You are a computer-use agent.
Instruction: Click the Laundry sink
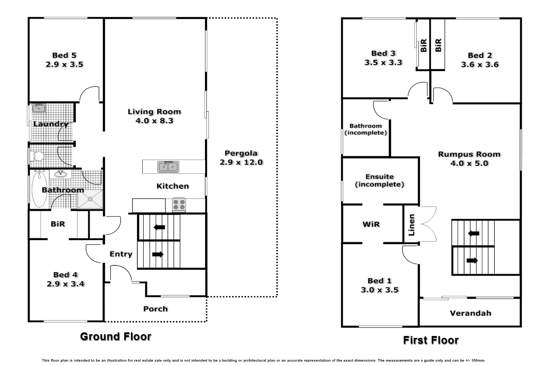[x=38, y=108]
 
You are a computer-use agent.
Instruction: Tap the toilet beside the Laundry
[x=37, y=157]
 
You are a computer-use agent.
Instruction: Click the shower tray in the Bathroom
[x=90, y=199]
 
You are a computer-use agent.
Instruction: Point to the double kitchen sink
[x=168, y=167]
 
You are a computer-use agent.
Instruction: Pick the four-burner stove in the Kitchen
[x=179, y=205]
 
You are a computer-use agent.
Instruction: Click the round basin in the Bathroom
[x=60, y=174]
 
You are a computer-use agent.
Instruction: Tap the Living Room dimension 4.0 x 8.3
[x=154, y=121]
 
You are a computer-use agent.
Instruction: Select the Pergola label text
[x=241, y=153]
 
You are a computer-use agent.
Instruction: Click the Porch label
[x=155, y=309]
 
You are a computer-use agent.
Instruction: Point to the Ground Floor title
[x=115, y=336]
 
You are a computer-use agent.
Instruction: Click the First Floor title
[x=431, y=340]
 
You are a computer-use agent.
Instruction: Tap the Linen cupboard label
[x=411, y=225]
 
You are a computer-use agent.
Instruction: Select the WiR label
[x=371, y=224]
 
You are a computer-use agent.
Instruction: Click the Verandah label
[x=470, y=313]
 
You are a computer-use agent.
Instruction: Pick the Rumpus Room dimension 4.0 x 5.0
[x=469, y=163]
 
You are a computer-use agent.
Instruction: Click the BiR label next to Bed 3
[x=423, y=45]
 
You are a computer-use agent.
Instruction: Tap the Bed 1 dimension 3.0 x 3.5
[x=379, y=290]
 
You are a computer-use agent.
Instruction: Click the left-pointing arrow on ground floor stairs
[x=159, y=227]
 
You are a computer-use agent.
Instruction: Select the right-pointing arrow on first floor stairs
[x=472, y=261]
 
